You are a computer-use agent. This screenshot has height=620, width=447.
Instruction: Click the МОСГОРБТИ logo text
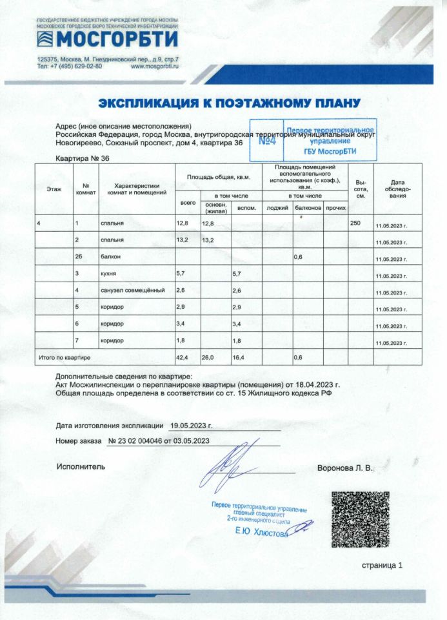pos(116,40)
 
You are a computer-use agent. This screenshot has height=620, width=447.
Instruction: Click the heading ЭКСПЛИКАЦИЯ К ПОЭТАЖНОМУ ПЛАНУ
pos(229,103)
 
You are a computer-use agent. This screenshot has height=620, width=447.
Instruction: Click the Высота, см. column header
pos(361,189)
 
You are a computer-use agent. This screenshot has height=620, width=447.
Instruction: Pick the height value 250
pos(355,223)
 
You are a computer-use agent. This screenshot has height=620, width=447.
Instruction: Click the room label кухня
pos(108,273)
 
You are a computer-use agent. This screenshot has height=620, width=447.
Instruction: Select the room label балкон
pos(110,256)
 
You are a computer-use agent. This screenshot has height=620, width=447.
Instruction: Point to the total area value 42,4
pos(183,356)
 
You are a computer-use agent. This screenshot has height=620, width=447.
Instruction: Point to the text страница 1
pos(382,565)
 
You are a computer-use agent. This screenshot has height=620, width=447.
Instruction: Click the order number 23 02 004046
pos(137,441)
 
